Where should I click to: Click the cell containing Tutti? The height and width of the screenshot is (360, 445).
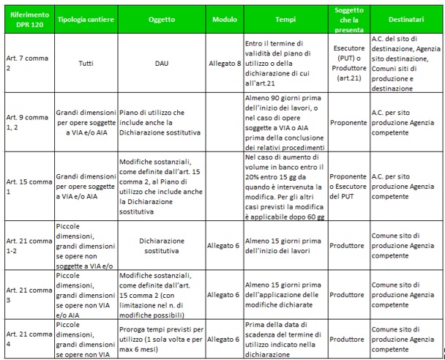(86, 64)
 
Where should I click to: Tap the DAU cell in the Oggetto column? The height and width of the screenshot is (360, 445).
(163, 64)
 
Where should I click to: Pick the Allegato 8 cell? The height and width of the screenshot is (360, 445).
(225, 64)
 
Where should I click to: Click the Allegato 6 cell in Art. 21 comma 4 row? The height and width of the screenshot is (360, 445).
(225, 339)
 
